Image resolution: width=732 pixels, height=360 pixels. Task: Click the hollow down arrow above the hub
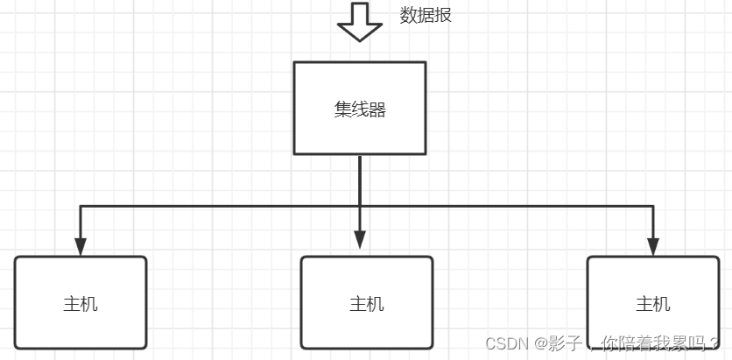[x=360, y=24]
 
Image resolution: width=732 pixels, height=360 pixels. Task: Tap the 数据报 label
[x=426, y=15]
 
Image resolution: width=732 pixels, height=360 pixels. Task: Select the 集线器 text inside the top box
[x=360, y=109]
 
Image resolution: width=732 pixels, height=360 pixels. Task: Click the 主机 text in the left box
[x=81, y=304]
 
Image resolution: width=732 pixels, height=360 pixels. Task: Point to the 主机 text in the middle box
[x=367, y=304]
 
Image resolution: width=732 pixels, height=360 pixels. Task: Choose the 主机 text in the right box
[x=653, y=304]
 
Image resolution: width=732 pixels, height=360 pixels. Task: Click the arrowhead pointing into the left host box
[x=81, y=246]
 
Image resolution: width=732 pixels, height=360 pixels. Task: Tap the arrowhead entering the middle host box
[x=360, y=238]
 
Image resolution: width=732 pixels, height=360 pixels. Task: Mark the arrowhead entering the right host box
[x=653, y=246]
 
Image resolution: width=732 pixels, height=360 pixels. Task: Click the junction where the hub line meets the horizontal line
[x=360, y=206]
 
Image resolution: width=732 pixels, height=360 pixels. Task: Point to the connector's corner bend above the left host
[x=81, y=206]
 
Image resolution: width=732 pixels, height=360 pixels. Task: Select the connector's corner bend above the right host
[x=653, y=206]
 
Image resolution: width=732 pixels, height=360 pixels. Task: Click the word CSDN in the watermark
[x=504, y=343]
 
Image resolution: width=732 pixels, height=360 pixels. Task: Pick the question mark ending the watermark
[x=715, y=343]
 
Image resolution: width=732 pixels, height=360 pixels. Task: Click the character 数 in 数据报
[x=408, y=15]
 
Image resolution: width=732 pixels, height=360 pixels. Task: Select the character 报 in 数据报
[x=443, y=15]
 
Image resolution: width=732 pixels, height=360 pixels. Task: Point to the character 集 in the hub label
[x=342, y=109]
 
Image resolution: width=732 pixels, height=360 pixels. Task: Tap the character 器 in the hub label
[x=377, y=109]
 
